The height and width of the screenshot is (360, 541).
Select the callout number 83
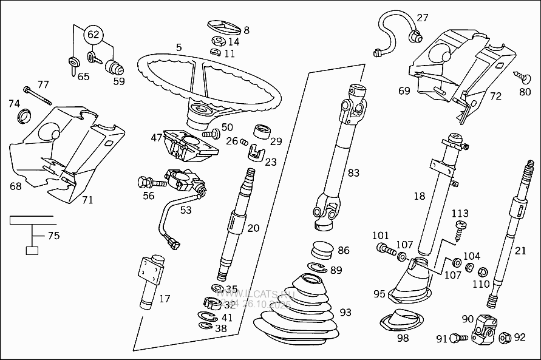[353, 173]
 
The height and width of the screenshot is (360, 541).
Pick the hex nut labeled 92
[504, 336]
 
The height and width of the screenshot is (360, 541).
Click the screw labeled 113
[460, 228]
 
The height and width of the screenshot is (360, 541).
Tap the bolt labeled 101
[383, 248]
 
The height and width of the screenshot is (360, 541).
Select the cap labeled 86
[322, 251]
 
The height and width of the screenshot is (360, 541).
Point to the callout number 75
[53, 236]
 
